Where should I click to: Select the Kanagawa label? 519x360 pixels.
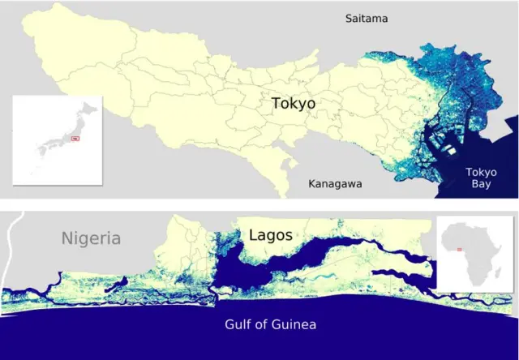(335, 184)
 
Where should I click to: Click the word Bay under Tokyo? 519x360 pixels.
(482, 185)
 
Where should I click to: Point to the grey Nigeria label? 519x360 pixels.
(92, 238)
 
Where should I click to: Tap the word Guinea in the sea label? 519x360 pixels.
(294, 325)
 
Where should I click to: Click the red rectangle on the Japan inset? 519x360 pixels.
(75, 139)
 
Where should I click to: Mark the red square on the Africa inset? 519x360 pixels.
(460, 249)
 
